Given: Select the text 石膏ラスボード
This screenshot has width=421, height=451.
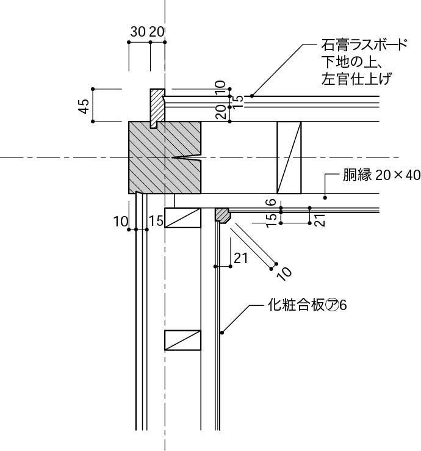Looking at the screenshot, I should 364,46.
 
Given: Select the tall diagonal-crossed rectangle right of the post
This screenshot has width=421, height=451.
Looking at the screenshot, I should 289,157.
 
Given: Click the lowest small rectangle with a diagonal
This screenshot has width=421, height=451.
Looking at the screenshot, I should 182,340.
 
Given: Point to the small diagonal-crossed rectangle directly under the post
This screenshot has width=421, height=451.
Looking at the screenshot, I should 182,217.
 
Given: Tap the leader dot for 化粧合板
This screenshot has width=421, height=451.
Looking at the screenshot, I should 223,333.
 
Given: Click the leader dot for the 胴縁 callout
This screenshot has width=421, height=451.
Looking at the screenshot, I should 326,197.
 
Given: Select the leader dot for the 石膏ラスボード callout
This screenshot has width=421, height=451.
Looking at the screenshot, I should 251,95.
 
